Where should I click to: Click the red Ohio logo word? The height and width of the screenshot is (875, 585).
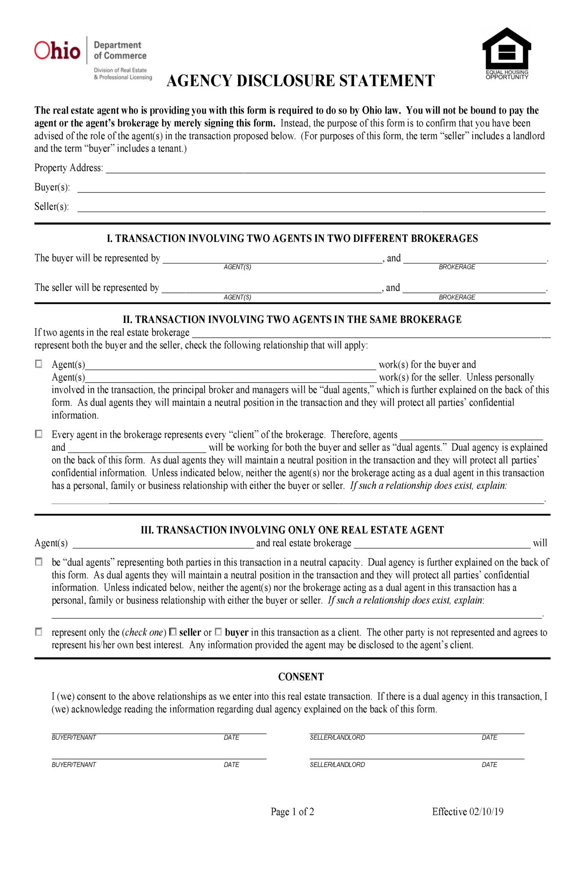click(57, 51)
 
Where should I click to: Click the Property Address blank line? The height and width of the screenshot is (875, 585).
click(325, 169)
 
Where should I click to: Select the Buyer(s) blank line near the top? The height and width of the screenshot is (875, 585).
click(311, 189)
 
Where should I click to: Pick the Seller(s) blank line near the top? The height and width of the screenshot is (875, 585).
click(311, 208)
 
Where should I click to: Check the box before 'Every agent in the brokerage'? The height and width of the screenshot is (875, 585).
click(39, 434)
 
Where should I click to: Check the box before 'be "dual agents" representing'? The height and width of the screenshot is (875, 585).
click(39, 562)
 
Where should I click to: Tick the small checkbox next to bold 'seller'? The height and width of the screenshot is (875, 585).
click(173, 631)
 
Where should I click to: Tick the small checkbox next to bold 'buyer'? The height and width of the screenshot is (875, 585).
click(218, 631)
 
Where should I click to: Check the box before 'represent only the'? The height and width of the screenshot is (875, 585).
click(39, 631)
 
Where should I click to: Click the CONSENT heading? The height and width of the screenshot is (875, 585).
click(301, 677)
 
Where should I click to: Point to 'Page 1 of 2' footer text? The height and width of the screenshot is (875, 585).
click(292, 812)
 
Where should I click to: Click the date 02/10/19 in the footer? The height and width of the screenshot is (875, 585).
click(486, 812)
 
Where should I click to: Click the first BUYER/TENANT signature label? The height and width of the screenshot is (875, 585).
click(74, 737)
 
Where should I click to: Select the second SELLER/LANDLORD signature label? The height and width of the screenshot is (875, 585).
click(337, 765)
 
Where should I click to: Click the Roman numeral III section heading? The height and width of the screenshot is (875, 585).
click(292, 530)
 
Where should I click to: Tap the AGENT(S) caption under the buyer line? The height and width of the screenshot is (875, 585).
click(237, 267)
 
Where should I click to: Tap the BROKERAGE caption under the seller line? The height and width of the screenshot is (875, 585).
click(457, 297)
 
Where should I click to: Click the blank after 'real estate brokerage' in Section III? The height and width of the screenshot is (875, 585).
click(442, 544)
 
